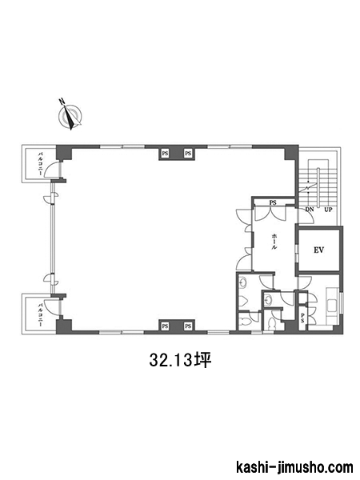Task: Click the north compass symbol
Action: coord(70,114)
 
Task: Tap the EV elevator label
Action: coord(318,250)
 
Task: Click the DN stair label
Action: coord(310,210)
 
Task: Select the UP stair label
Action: coord(329,210)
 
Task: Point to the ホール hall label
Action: coord(274,242)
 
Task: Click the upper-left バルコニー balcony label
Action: coord(40,164)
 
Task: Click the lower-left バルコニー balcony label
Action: coord(40,314)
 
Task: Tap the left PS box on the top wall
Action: coord(166,154)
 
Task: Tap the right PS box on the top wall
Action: coord(188,154)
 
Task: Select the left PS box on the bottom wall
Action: coord(166,326)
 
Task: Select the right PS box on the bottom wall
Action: coord(188,326)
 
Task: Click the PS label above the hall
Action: coord(273,202)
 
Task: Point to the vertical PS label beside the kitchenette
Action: coord(302,318)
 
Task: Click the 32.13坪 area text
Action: coord(181,360)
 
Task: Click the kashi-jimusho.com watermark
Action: coord(294,468)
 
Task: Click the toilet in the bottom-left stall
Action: coord(246,322)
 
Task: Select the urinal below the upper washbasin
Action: coord(244,300)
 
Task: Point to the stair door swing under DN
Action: coord(306,217)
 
